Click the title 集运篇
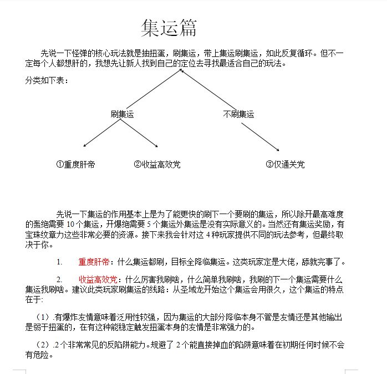click(169, 28)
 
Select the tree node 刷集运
click(122, 114)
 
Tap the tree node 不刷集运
click(238, 114)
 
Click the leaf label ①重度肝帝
click(75, 164)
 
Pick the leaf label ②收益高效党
click(157, 164)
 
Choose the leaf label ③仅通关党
click(285, 164)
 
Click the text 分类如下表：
click(47, 81)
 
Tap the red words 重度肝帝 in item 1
click(94, 261)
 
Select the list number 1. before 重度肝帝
click(59, 261)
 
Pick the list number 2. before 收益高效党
click(59, 279)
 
